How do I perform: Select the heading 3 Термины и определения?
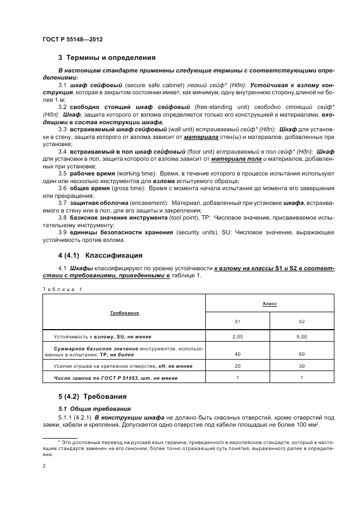pyautogui.click(x=107, y=57)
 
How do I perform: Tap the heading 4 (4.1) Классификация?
pyautogui.click(x=100, y=255)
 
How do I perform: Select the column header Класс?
pyautogui.click(x=270, y=303)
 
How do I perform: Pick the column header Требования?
pyautogui.click(x=124, y=313)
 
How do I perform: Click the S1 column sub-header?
pyautogui.click(x=237, y=321)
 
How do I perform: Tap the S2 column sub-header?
pyautogui.click(x=302, y=321)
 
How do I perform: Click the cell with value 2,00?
pyautogui.click(x=237, y=337)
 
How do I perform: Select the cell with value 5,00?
pyautogui.click(x=302, y=337)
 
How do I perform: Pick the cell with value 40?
pyautogui.click(x=237, y=354)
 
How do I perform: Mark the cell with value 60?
pyautogui.click(x=302, y=354)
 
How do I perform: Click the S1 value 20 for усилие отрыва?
pyautogui.click(x=237, y=366)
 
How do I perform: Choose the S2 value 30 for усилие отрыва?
pyautogui.click(x=302, y=366)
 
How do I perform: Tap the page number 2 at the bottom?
pyautogui.click(x=44, y=466)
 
